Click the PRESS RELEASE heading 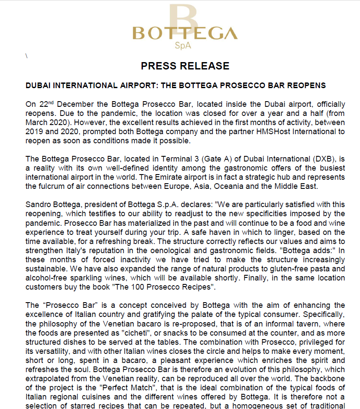click(185, 66)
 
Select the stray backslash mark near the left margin click(27, 56)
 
